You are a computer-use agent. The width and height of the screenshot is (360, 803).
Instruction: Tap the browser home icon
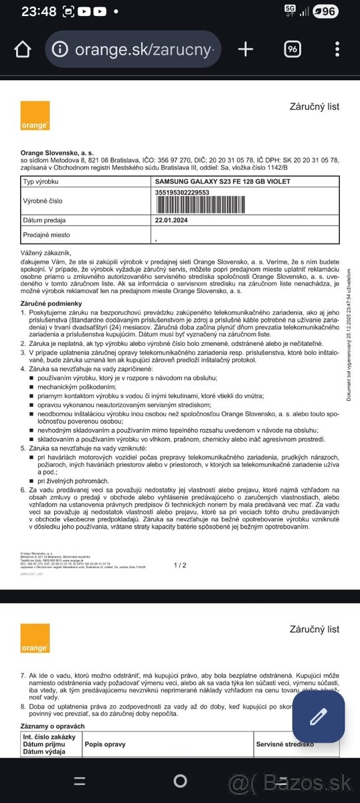coord(22,49)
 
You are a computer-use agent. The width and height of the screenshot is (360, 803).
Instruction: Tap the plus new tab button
coord(246,49)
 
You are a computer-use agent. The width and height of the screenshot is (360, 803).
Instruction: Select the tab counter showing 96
coord(292,49)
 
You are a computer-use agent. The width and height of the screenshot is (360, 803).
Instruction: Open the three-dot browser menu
coord(337,49)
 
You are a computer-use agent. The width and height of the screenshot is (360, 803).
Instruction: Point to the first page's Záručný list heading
coord(314,106)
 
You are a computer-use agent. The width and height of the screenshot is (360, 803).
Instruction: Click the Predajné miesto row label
coord(46,235)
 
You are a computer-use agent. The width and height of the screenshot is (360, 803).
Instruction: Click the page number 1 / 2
coord(180,565)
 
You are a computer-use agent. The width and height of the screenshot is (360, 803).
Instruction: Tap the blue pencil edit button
coord(317,718)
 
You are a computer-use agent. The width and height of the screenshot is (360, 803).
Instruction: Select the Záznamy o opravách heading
coord(57,726)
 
